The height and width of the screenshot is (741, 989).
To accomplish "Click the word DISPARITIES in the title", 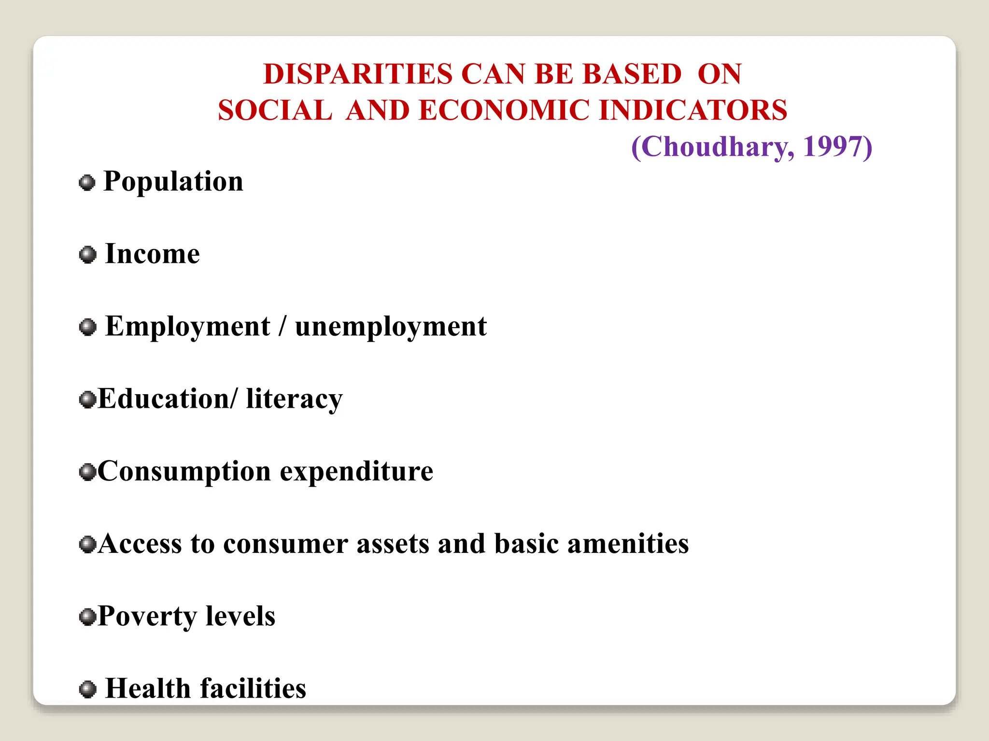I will [358, 74].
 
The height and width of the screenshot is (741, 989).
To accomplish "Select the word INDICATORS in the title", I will [693, 110].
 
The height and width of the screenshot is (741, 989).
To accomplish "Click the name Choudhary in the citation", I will [714, 147].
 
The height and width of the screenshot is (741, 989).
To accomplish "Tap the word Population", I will [173, 182].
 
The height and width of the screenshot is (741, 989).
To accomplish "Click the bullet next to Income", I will [87, 254].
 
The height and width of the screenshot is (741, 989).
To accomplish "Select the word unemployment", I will [391, 327].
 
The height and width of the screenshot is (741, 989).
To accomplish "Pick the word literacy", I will [294, 399].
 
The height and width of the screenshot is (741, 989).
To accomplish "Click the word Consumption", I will [184, 472].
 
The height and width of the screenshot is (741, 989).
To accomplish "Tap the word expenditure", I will [357, 472].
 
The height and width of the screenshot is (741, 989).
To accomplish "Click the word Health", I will [148, 688].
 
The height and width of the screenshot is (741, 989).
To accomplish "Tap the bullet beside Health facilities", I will [87, 689].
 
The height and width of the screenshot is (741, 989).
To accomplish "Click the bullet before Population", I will [87, 183].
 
